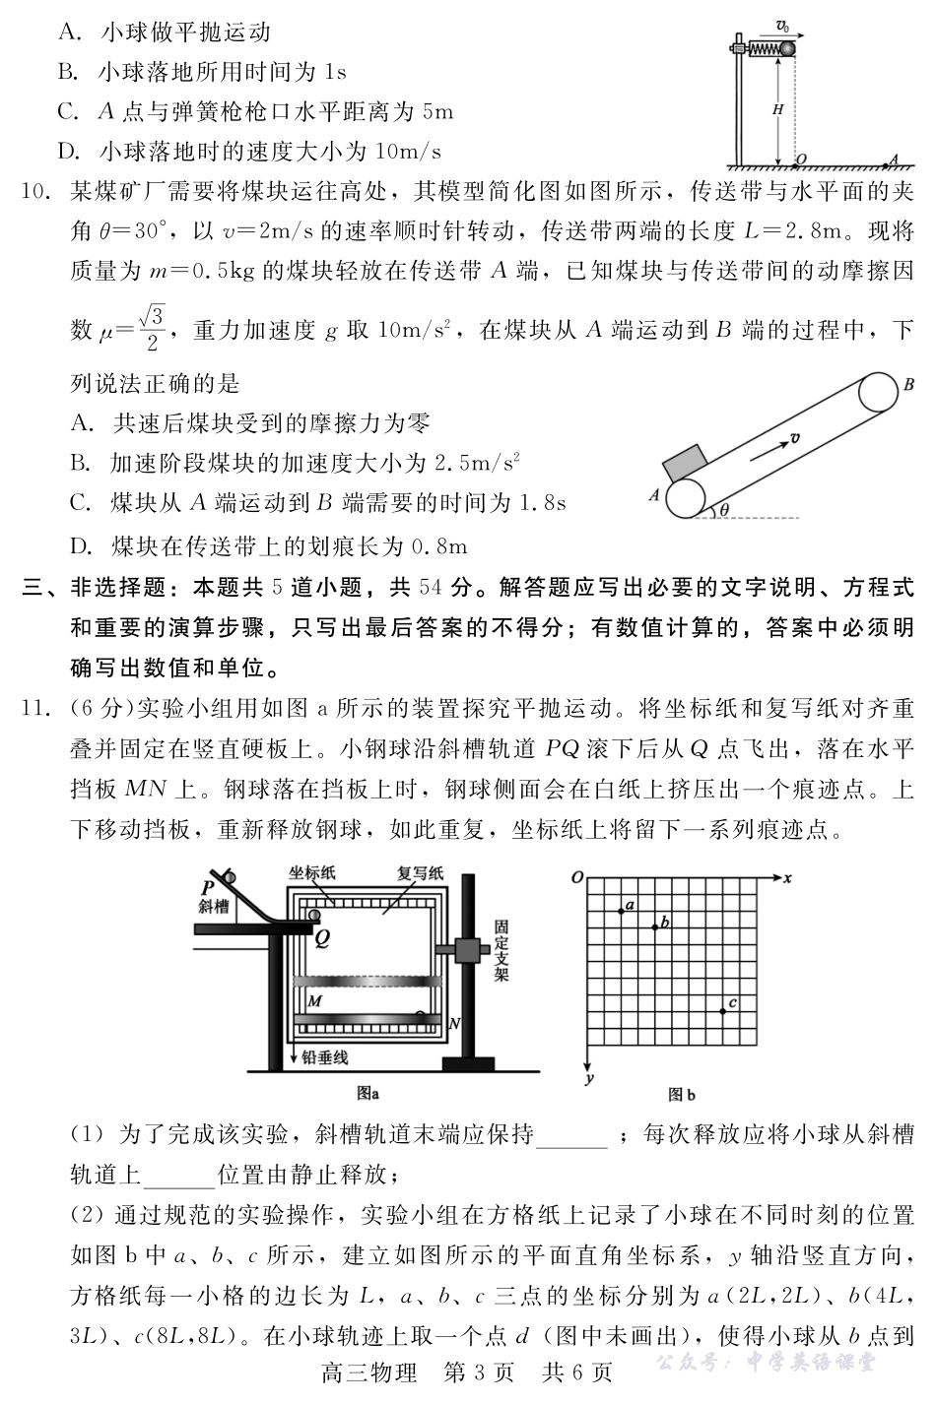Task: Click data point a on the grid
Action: click(621, 911)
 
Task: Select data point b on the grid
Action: click(654, 926)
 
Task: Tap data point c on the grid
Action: click(722, 1011)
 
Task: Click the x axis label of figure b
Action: click(788, 875)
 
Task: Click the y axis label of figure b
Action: click(587, 1080)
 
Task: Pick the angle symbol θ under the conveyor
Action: click(724, 509)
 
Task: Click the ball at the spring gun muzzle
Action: click(787, 47)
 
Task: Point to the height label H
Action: click(777, 110)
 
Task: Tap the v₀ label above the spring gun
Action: click(783, 25)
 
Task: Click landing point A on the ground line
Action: click(893, 159)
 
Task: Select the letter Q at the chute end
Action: click(321, 938)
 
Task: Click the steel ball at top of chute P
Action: click(230, 876)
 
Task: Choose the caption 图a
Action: click(368, 1092)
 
